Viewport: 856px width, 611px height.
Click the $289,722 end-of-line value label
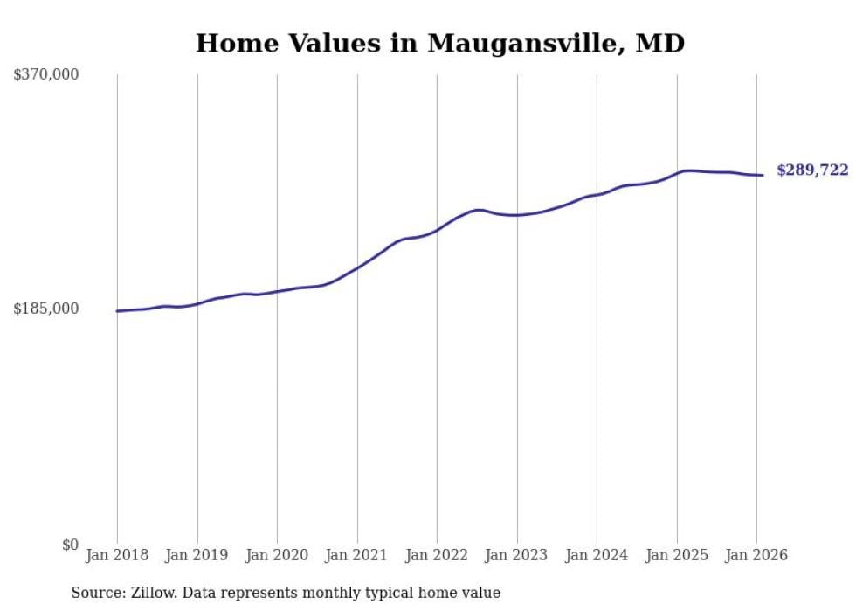click(812, 170)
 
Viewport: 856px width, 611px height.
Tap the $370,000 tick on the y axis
click(46, 74)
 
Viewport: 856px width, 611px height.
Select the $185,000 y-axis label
click(46, 309)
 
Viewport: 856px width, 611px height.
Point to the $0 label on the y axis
click(70, 545)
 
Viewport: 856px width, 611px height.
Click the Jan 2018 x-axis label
click(117, 555)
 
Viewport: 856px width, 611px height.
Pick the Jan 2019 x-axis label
click(197, 555)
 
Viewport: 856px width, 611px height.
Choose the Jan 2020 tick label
click(277, 555)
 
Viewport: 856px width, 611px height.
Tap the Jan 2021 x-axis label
click(356, 555)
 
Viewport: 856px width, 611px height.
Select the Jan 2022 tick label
click(437, 555)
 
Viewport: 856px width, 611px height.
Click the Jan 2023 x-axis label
click(516, 555)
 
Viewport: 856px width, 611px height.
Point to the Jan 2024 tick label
click(597, 555)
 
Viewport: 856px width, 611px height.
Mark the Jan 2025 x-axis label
click(676, 555)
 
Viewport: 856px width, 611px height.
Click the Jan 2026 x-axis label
click(756, 555)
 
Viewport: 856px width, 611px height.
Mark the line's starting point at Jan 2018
click(117, 311)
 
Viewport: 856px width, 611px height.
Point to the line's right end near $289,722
click(763, 176)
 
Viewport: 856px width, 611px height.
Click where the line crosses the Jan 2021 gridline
click(357, 267)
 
